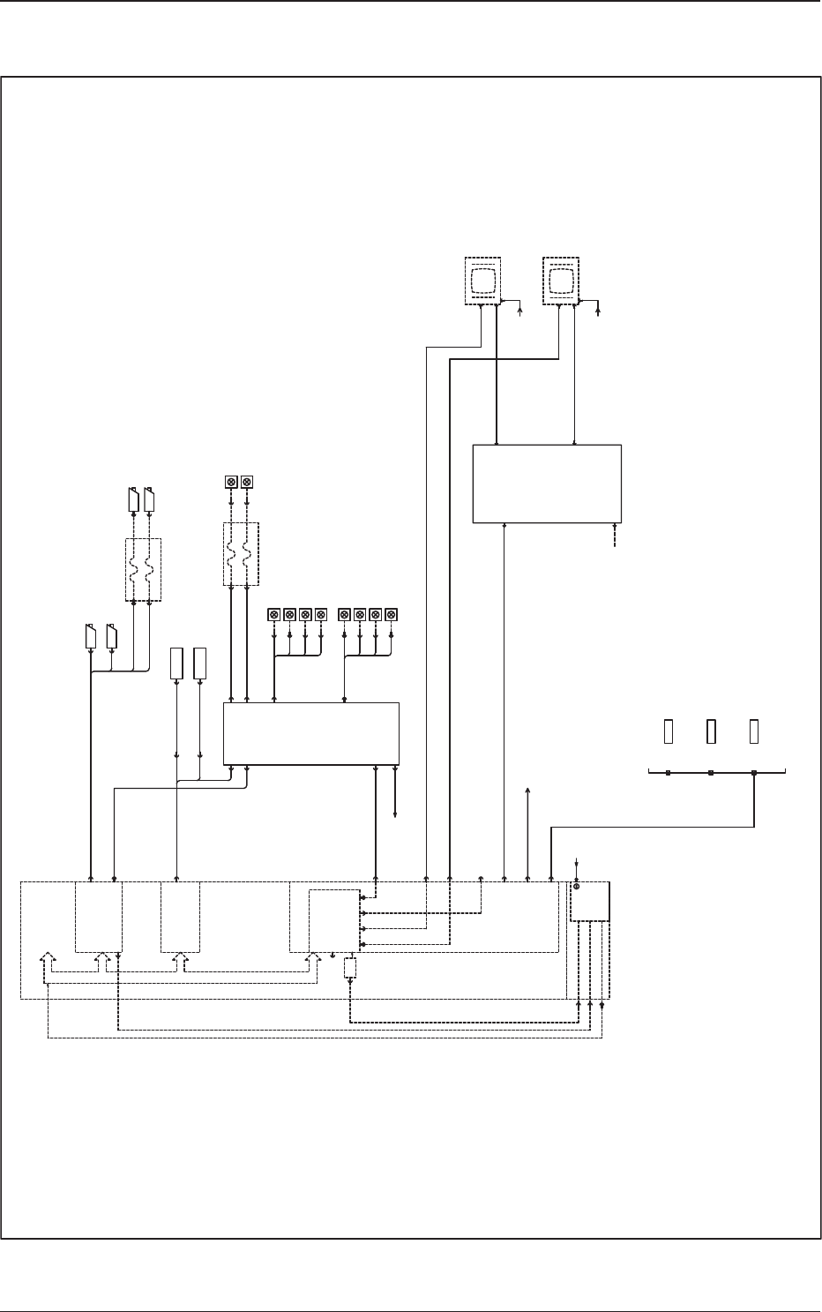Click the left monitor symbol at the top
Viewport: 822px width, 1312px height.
coord(482,281)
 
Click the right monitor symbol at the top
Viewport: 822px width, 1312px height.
coord(560,281)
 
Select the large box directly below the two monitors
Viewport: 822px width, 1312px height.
coord(547,484)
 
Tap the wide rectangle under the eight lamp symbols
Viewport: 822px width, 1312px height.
coord(310,733)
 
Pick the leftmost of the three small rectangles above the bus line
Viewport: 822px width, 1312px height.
coord(669,731)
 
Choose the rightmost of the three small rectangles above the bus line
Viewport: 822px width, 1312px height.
coord(754,731)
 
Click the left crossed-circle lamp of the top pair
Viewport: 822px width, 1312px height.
coord(231,482)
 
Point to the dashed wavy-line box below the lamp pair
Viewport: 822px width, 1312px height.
coord(240,554)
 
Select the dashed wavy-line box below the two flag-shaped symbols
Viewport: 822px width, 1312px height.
coord(143,570)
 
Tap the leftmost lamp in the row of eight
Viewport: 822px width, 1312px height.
coord(274,613)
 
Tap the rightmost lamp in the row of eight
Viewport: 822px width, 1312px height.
coord(392,613)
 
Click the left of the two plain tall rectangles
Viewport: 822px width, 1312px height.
coord(176,663)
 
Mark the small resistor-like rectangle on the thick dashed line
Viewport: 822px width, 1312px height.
coord(349,968)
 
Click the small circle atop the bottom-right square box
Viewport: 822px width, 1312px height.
coord(577,885)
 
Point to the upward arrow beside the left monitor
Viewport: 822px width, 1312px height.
coord(519,309)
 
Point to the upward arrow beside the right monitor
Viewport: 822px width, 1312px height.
coord(598,309)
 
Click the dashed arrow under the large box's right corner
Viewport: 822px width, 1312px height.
coord(615,539)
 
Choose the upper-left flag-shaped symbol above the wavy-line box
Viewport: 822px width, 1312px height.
coord(134,499)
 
